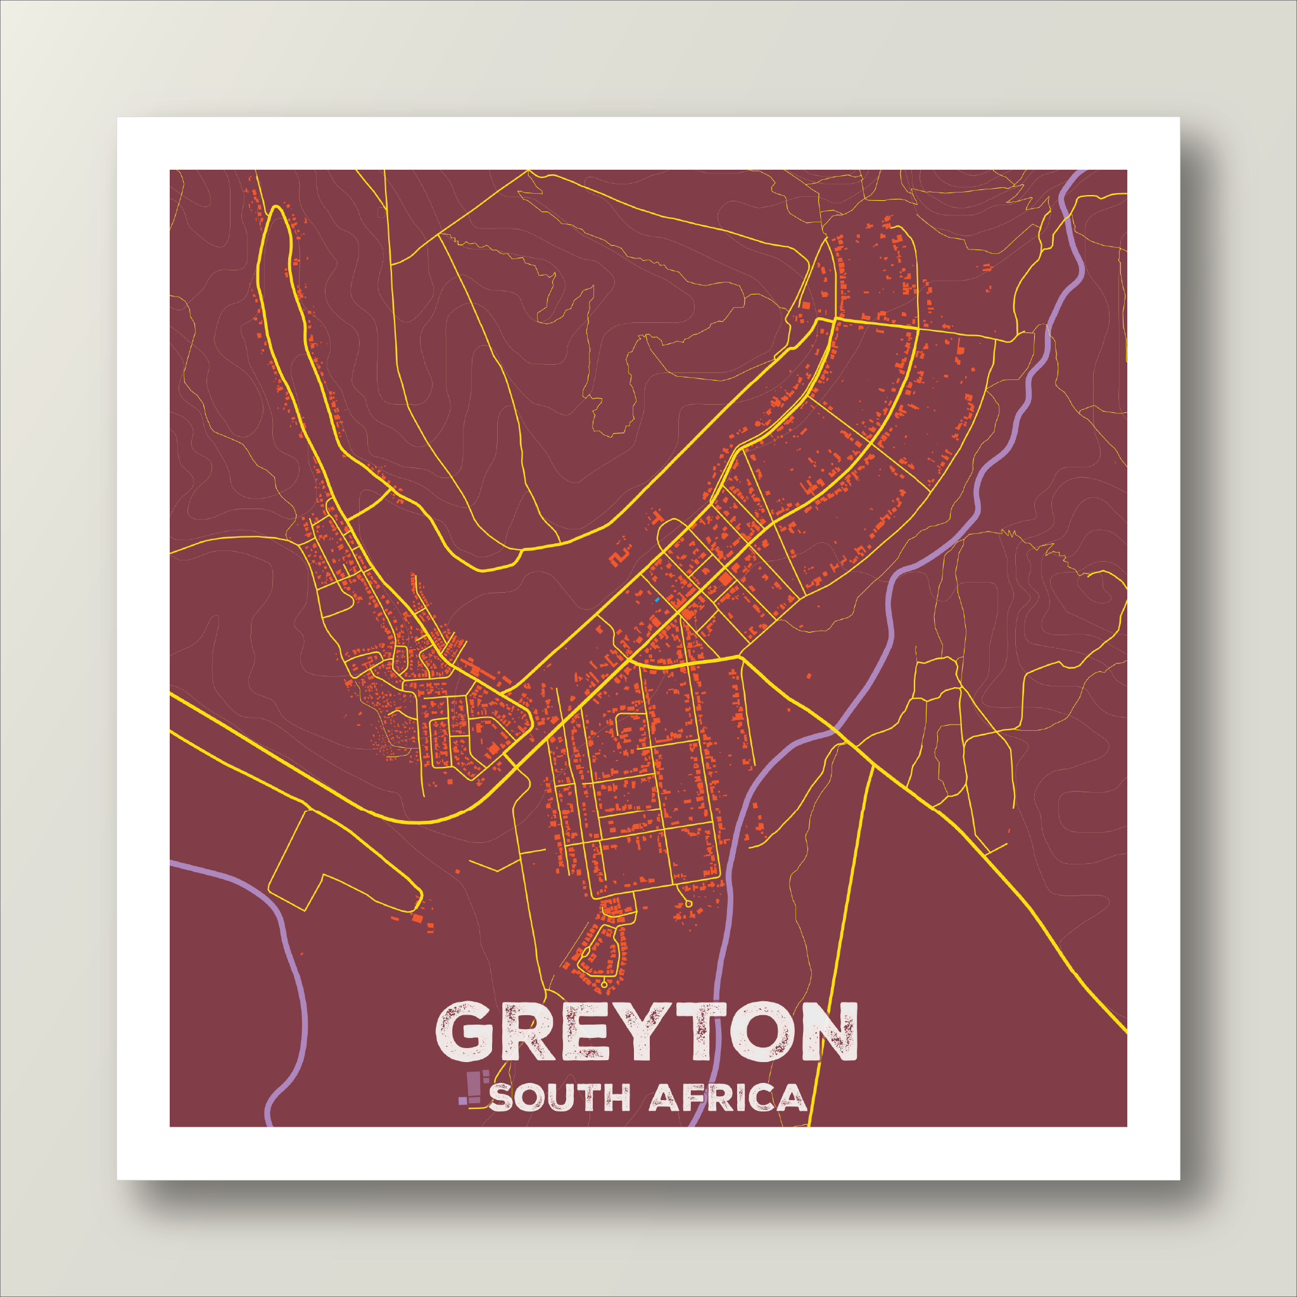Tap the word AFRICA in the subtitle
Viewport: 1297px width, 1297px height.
(x=728, y=1098)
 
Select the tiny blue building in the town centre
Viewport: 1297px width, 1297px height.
(x=657, y=599)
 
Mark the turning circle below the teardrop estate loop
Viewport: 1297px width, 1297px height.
(x=604, y=984)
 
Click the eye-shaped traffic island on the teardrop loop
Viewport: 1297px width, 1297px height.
(x=585, y=952)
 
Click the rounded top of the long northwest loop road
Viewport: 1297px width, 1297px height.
(x=276, y=210)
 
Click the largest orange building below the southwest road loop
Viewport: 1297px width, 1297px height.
(x=417, y=918)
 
